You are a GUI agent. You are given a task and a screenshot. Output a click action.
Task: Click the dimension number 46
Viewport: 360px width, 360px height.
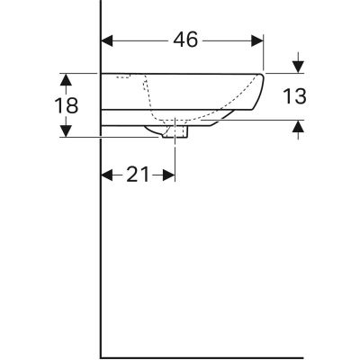tap(185, 40)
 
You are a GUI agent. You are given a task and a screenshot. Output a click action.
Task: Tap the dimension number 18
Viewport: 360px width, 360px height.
tap(67, 105)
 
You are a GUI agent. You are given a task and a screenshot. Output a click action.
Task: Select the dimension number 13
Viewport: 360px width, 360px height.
tap(294, 96)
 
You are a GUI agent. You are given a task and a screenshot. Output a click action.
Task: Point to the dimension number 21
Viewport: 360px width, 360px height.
tap(138, 175)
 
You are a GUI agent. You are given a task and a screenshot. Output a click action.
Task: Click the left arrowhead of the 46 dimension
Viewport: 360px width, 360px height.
tap(107, 40)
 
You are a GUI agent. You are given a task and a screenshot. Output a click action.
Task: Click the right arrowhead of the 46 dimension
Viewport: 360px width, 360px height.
tap(257, 40)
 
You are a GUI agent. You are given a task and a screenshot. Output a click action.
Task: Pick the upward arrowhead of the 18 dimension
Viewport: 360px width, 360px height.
tap(67, 80)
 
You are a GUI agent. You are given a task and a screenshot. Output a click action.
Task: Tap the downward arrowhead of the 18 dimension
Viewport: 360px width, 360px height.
tap(67, 130)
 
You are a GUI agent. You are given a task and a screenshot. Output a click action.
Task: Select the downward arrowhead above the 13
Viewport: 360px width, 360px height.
tap(298, 67)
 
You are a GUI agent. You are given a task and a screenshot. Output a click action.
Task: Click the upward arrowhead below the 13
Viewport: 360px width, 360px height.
tap(298, 126)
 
